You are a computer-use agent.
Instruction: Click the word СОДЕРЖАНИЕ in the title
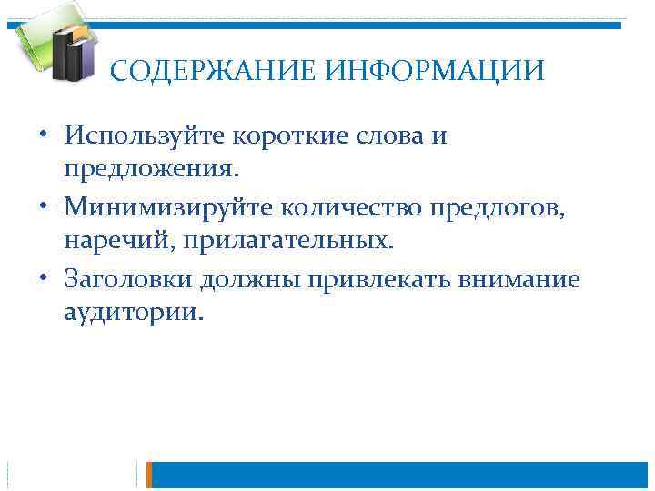tap(213, 71)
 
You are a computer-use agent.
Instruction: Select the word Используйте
tap(146, 136)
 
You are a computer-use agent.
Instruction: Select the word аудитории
tap(135, 313)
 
